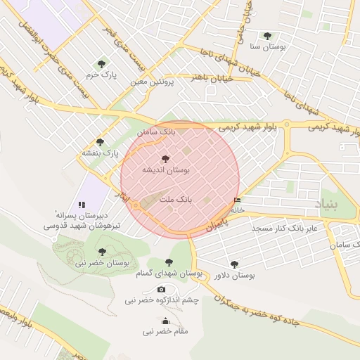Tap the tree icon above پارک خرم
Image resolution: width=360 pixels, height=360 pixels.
tap(103, 63)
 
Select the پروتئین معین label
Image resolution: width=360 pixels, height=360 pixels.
tap(152, 82)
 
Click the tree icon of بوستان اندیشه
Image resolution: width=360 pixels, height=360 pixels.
tap(165, 159)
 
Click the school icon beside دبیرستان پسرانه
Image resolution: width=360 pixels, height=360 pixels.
tap(82, 205)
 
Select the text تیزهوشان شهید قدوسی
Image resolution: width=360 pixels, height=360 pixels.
tap(75, 226)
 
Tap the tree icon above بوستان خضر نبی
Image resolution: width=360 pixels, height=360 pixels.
tap(102, 251)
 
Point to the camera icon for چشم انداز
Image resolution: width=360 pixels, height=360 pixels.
tap(162, 289)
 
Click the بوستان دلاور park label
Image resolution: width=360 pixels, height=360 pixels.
tap(234, 276)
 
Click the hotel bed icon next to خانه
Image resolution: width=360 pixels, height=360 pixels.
tap(236, 201)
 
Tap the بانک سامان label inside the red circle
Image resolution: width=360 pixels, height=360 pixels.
tap(156, 131)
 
